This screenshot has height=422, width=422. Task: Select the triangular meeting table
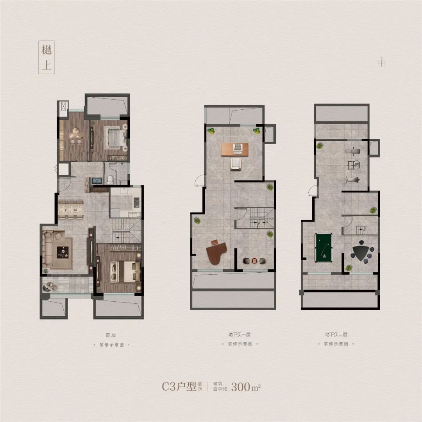(x=360, y=253)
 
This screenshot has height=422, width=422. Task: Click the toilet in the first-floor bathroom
(x=110, y=180)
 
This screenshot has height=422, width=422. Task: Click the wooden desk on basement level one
(x=235, y=149)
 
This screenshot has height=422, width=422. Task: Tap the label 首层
(x=111, y=335)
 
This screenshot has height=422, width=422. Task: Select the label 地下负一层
(x=240, y=334)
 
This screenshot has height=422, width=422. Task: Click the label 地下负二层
(x=336, y=334)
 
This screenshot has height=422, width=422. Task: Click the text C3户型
(x=179, y=386)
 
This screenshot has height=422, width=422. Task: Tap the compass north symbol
(x=382, y=63)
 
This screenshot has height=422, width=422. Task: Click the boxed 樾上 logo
(x=46, y=57)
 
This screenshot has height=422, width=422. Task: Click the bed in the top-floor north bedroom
(x=115, y=137)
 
